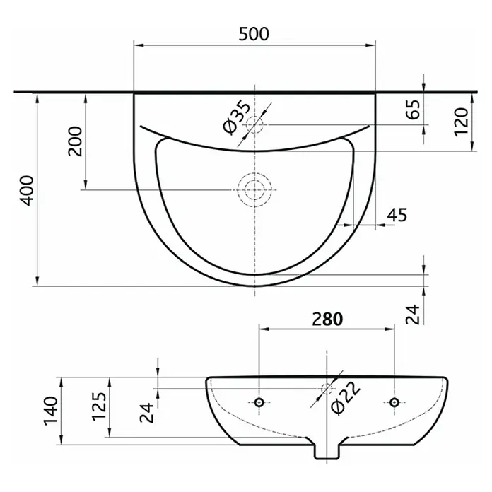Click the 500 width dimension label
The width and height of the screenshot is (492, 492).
[x=254, y=34]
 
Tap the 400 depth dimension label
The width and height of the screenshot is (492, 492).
[x=27, y=190]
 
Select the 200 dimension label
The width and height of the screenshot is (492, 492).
[x=75, y=141]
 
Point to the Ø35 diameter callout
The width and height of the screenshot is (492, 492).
[x=237, y=117]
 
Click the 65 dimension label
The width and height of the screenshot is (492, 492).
[x=414, y=109]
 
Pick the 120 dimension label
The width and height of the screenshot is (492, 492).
[x=461, y=122]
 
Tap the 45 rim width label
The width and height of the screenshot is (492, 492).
[x=397, y=215]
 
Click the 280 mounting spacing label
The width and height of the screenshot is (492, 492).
[x=327, y=319]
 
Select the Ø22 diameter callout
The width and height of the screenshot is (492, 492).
[x=345, y=399]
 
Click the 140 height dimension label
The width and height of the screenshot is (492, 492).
[x=51, y=411]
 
